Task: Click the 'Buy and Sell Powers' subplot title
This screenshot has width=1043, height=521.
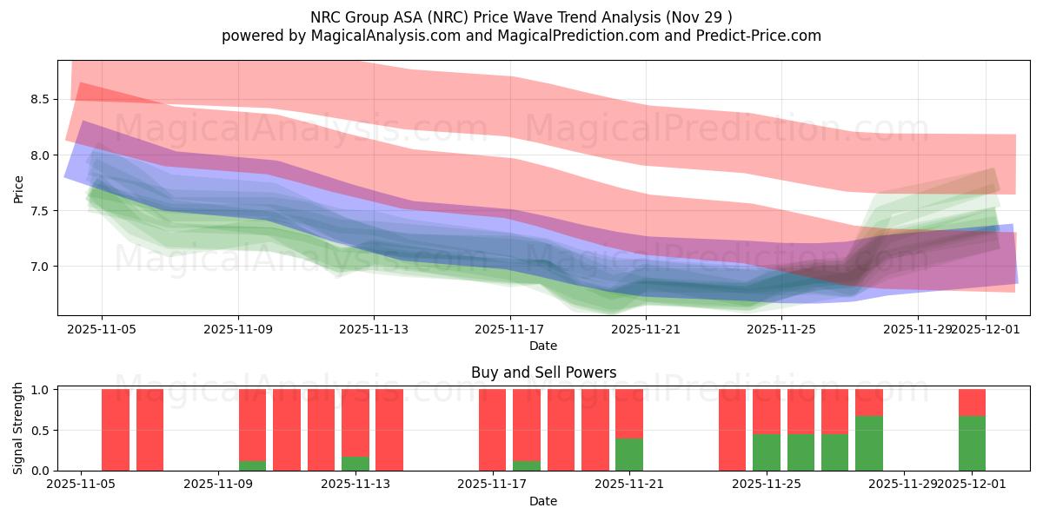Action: coord(543,373)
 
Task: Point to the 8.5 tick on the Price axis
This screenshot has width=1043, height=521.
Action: coord(40,100)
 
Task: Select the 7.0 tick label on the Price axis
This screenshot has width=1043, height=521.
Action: coord(40,267)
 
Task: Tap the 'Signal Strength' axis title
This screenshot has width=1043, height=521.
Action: coord(18,428)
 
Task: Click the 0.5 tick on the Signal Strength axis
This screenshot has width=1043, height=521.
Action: coord(40,431)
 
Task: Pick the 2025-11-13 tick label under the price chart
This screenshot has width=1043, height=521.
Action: coord(374,329)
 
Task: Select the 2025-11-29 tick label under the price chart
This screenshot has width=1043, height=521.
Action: coord(917,329)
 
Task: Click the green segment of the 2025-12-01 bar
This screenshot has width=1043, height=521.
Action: coord(972,444)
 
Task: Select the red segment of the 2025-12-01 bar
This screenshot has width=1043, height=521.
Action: coord(972,402)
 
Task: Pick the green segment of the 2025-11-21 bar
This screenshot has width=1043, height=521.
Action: coord(629,454)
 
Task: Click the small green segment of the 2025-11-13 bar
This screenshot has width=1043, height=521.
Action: coord(355,464)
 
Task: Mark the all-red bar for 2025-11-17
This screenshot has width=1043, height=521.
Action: coord(492,430)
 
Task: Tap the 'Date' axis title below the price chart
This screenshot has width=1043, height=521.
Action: coord(543,346)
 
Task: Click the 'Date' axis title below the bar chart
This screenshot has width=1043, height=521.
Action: coord(543,501)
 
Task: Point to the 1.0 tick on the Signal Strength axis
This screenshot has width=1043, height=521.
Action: coord(40,390)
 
